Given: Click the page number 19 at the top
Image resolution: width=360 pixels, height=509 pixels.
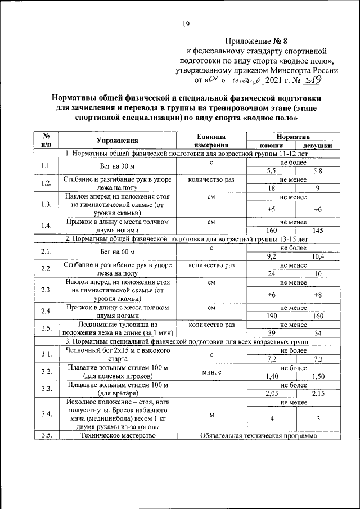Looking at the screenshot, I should [186, 23].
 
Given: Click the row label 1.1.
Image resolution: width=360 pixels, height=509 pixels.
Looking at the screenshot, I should [46, 166].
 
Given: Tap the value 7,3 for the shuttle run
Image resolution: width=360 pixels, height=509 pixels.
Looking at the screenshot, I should [317, 358].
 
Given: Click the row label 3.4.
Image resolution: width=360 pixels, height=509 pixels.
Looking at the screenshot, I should [46, 414].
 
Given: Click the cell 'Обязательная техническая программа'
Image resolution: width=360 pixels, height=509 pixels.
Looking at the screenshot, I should [258, 435].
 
